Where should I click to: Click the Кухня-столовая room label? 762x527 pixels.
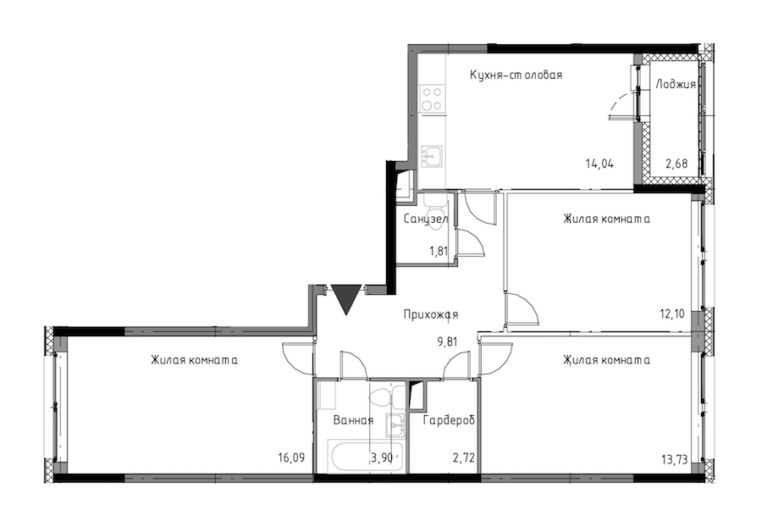516,75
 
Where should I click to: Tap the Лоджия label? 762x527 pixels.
676,84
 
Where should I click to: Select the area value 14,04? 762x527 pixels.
599,164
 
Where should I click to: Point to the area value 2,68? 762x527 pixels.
676,164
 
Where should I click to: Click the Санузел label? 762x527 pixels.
426,219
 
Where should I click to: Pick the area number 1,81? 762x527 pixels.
438,252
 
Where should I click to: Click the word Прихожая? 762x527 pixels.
431,315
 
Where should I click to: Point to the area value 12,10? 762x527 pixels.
672,314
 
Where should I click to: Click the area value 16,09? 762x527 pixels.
291,458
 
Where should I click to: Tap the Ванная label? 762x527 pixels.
353,420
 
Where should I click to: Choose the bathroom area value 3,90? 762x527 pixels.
382,458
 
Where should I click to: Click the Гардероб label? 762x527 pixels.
449,420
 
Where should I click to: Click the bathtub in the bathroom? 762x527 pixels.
367,456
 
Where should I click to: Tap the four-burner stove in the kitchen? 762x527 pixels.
432,98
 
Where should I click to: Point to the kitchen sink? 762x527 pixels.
432,157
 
